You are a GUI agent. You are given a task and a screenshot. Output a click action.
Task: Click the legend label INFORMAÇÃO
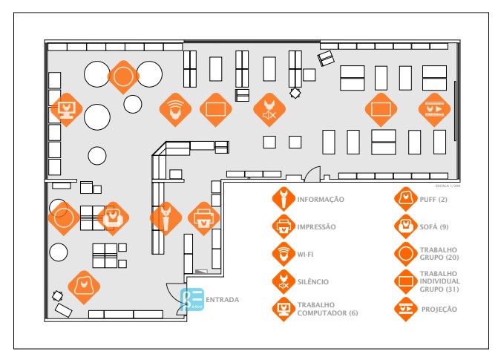coord(321,200)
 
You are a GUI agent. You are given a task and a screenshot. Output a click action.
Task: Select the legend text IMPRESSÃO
coord(317,226)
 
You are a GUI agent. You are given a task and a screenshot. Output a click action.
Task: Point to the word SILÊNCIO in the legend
coord(312,282)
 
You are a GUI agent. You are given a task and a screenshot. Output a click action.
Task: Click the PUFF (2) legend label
coord(433,200)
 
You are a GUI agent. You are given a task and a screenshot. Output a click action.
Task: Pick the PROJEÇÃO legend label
coord(439,309)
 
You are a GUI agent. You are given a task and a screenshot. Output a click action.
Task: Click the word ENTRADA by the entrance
coord(222,300)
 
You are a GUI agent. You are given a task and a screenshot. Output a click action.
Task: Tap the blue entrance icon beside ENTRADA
coord(192,299)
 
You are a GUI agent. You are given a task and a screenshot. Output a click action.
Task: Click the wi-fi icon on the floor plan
coord(175,109)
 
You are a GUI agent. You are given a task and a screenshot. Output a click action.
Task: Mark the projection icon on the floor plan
coord(434,108)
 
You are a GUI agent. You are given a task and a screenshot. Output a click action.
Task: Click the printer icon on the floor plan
coord(203,217)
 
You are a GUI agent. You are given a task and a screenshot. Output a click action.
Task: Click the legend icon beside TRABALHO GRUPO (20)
coord(406,254)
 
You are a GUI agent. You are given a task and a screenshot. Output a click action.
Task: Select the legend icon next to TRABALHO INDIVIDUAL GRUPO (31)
coord(406,281)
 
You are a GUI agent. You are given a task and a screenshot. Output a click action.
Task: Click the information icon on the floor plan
coord(166,217)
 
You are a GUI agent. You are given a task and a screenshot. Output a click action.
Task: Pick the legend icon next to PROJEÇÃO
coord(406,309)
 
